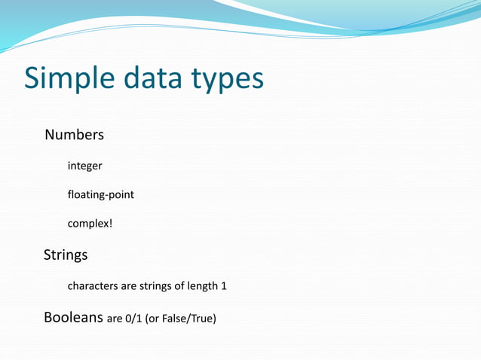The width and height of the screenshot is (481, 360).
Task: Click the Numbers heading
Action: (x=74, y=136)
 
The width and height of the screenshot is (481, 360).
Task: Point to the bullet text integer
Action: (x=84, y=166)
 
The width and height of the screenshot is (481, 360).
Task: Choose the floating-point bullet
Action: (x=101, y=195)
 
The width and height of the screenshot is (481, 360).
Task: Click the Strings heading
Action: (x=66, y=255)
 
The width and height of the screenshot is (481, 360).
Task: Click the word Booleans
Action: (x=73, y=318)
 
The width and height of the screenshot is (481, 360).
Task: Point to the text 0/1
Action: (x=135, y=319)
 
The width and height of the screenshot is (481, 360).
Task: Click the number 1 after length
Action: (x=223, y=286)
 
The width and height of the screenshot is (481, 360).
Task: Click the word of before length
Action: (x=180, y=286)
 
